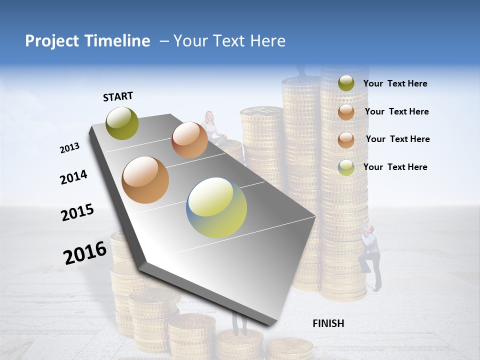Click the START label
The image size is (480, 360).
118,96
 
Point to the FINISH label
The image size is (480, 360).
328,323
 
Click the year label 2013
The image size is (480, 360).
70,148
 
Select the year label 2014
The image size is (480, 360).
74,177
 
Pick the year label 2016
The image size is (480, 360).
85,252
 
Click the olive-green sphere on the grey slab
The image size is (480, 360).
122,123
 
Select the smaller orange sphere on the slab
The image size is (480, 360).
189,140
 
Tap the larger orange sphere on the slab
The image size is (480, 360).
145,179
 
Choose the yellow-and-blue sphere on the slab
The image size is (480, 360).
216,207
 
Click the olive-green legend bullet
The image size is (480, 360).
346,83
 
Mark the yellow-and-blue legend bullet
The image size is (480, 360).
346,167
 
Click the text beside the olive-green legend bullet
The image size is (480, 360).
395,83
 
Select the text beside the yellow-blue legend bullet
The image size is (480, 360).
395,167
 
